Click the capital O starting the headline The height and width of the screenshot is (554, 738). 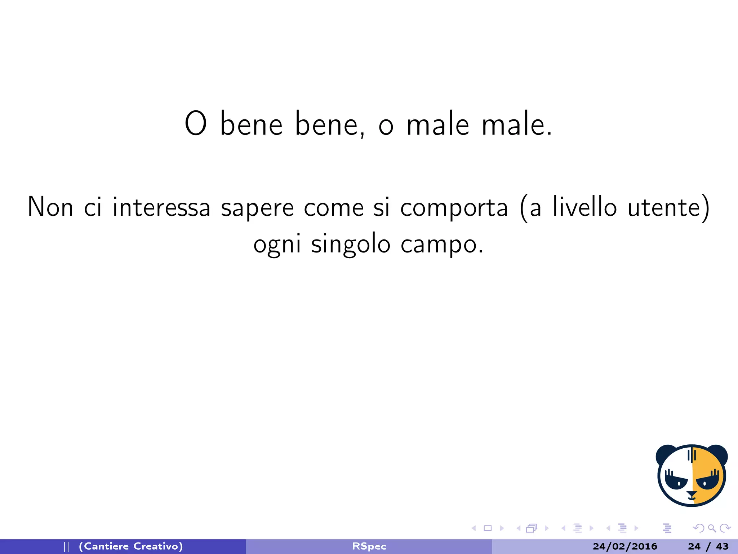(x=196, y=123)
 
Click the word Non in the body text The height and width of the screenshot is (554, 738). (x=50, y=207)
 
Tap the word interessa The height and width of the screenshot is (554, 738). (x=161, y=207)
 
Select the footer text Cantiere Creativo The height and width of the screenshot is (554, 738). (x=131, y=546)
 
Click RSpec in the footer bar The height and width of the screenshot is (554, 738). (x=369, y=546)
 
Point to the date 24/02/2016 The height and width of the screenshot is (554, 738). (x=625, y=546)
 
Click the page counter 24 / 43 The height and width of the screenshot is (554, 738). (x=708, y=546)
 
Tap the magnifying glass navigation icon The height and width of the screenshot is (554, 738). (x=712, y=528)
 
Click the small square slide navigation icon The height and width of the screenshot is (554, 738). (x=488, y=528)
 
